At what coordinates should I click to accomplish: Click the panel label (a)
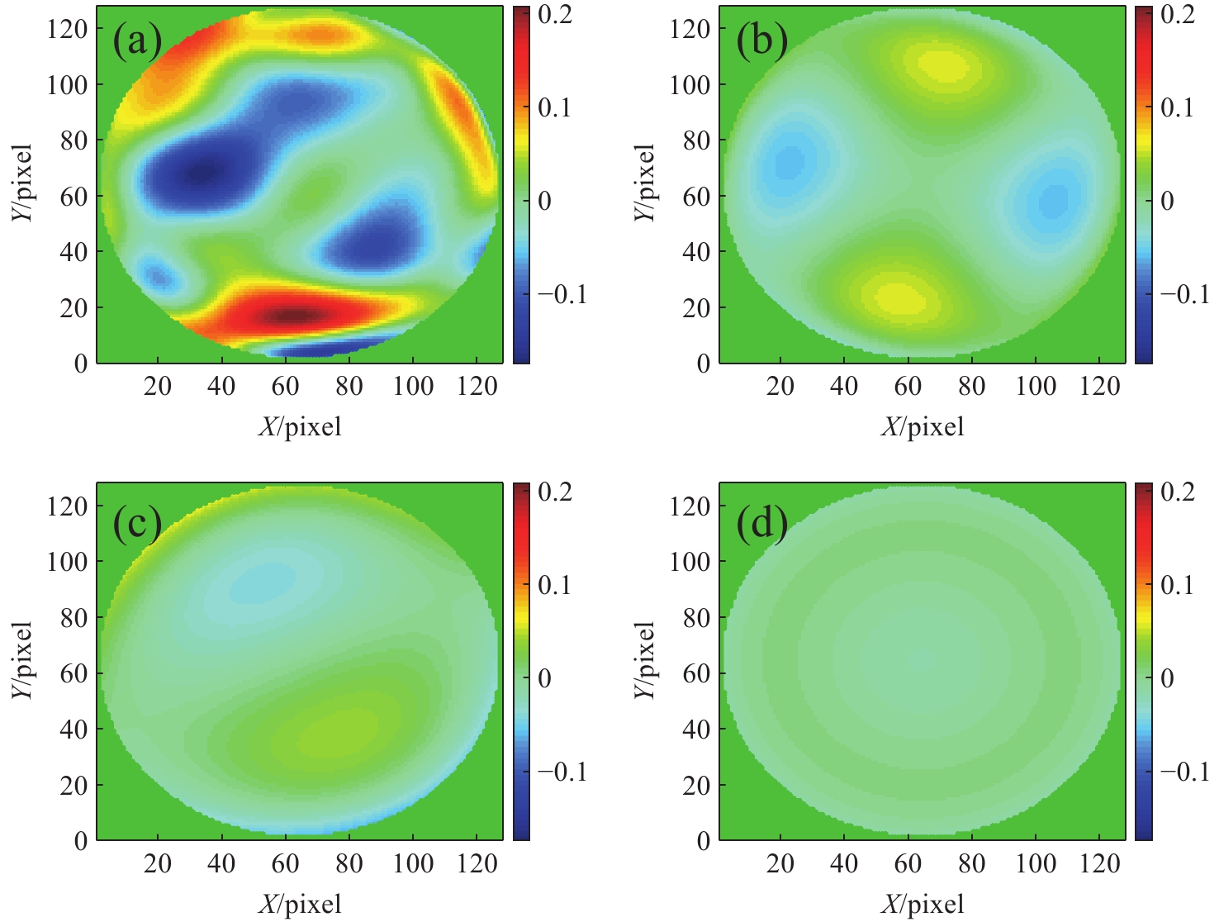137,41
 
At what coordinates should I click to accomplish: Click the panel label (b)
761,41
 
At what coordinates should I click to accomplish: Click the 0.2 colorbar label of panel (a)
555,14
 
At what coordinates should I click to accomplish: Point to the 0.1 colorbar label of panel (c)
555,585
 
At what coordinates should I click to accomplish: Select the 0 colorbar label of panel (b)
1167,201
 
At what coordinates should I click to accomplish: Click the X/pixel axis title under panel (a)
300,426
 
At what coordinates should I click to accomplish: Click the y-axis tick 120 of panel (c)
67,506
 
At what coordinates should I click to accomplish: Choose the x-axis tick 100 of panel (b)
1036,386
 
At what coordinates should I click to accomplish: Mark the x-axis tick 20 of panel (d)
780,863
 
